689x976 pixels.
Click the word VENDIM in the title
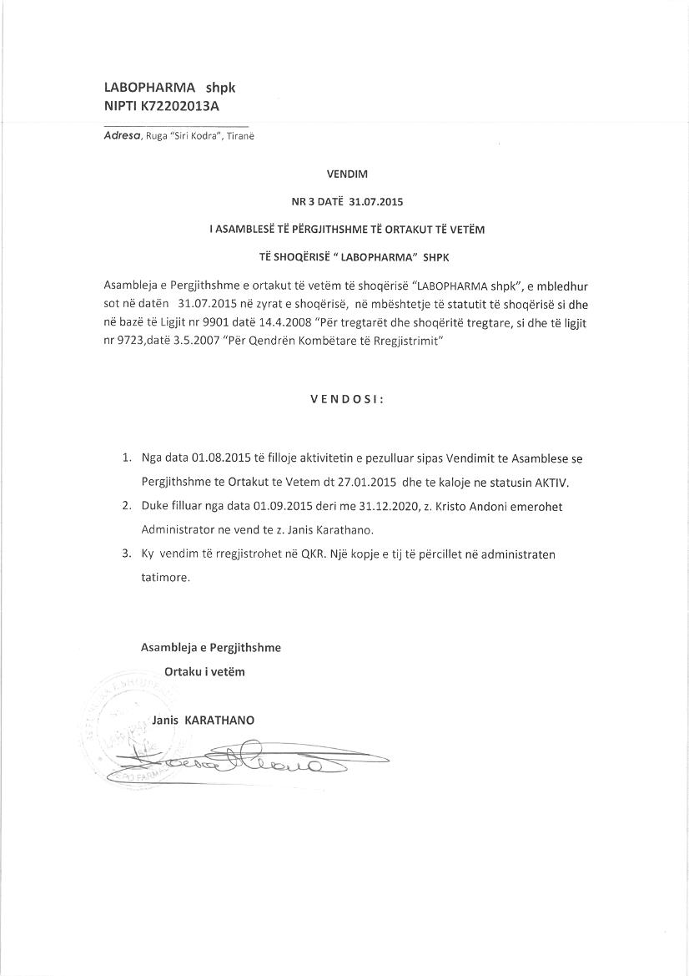pos(346,174)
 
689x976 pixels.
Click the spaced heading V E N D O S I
pos(346,399)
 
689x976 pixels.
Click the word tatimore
pos(165,577)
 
